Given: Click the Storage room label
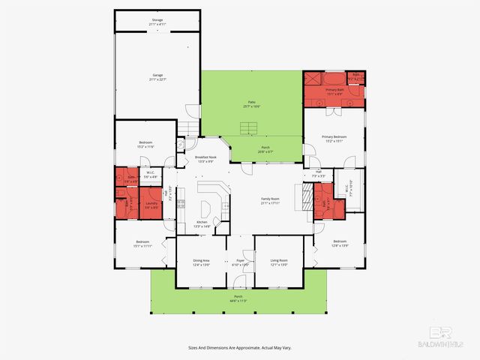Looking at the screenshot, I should tap(157, 24).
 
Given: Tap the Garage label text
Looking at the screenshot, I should tap(157, 76).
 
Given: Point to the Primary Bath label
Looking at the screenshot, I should tap(334, 91).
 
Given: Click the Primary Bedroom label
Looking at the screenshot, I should tap(334, 138).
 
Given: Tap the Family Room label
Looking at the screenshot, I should tap(271, 201).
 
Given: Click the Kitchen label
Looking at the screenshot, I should tap(202, 223).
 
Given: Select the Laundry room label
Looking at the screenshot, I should tap(151, 204).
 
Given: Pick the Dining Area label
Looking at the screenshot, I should tap(201, 262).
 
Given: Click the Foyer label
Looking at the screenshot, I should tap(241, 262).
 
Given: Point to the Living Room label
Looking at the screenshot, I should tap(279, 262).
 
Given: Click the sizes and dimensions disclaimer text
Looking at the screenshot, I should tap(240, 347).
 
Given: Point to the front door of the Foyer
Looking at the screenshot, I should tap(240, 283).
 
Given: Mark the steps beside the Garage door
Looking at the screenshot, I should tap(190, 129).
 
